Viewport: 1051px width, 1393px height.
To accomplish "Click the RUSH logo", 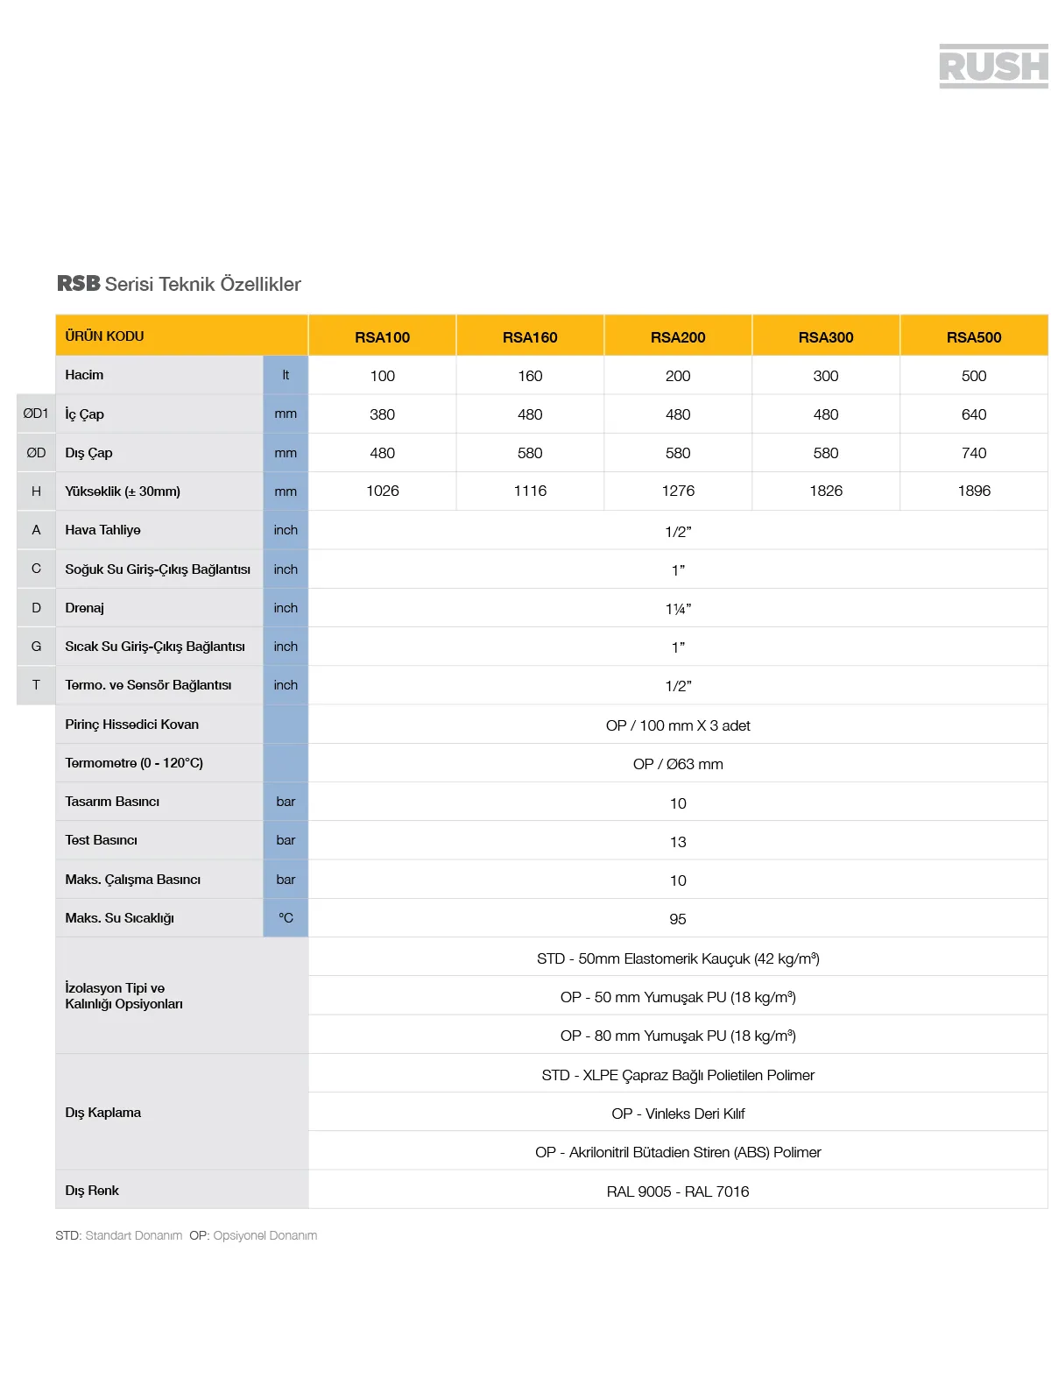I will pyautogui.click(x=993, y=67).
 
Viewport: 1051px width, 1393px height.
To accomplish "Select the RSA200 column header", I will pyautogui.click(x=677, y=337).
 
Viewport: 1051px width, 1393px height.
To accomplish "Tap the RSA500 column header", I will pyautogui.click(x=973, y=337).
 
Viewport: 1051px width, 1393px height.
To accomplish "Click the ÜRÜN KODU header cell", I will pyautogui.click(x=105, y=336).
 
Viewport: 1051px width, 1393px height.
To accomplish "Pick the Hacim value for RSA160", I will pyautogui.click(x=530, y=376).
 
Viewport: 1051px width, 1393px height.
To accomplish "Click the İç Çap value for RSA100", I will pyautogui.click(x=382, y=414).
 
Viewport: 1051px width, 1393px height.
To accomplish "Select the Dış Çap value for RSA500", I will pyautogui.click(x=973, y=453).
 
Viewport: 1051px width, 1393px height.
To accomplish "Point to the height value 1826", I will pyautogui.click(x=825, y=491).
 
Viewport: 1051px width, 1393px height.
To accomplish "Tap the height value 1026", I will pyautogui.click(x=382, y=491).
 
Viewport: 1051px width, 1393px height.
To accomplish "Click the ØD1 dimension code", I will pyautogui.click(x=36, y=414).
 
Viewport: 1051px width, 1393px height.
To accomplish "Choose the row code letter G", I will pyautogui.click(x=36, y=647).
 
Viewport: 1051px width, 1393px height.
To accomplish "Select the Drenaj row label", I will pyautogui.click(x=85, y=608).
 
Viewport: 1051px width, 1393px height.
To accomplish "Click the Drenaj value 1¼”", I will pyautogui.click(x=678, y=609).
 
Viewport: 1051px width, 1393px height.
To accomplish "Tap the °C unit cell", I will pyautogui.click(x=286, y=918).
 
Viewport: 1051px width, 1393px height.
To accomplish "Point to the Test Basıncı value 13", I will pyautogui.click(x=678, y=842).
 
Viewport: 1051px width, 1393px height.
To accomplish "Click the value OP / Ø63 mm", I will pyautogui.click(x=678, y=764).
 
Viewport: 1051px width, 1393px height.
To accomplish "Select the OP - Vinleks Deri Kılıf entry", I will pyautogui.click(x=678, y=1114).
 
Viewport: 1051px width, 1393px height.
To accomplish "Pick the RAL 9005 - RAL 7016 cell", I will pyautogui.click(x=678, y=1191).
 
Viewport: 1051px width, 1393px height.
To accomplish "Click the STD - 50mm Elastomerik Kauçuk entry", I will pyautogui.click(x=678, y=958).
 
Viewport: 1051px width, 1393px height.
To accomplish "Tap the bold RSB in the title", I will pyautogui.click(x=79, y=284).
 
